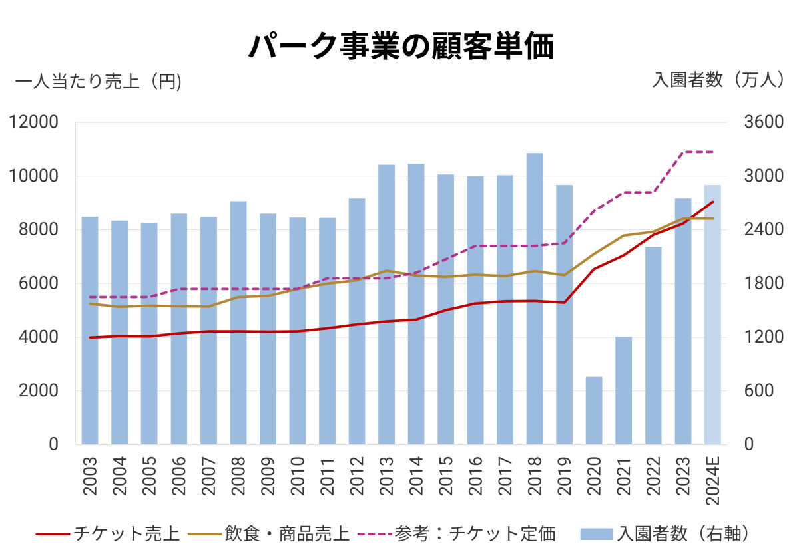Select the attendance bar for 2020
click(x=594, y=410)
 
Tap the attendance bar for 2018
click(x=535, y=299)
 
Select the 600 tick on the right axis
click(x=756, y=390)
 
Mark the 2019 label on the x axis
click(x=565, y=476)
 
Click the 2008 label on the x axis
click(x=238, y=476)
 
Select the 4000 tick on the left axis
click(x=38, y=337)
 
